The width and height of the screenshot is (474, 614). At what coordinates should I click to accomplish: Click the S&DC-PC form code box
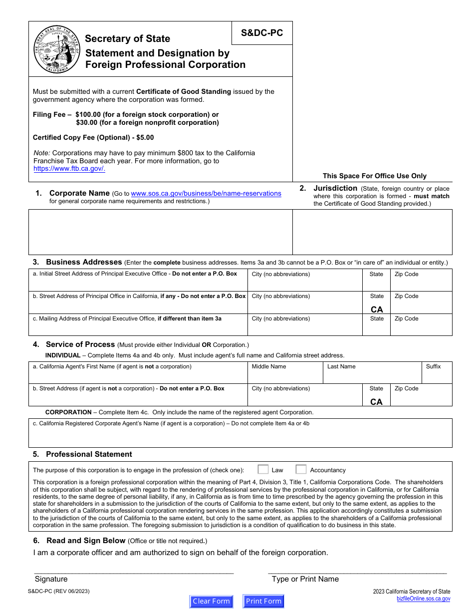(262, 33)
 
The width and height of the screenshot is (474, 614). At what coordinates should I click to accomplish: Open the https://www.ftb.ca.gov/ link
(69, 169)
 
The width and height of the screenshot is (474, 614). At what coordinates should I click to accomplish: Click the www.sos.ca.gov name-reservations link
(206, 194)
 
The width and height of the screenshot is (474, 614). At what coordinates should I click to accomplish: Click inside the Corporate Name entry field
(160, 232)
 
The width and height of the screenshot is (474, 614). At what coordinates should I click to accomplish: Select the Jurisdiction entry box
(372, 232)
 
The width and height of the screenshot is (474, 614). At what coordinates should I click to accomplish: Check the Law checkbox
(263, 470)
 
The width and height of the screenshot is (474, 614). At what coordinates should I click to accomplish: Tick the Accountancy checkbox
(301, 470)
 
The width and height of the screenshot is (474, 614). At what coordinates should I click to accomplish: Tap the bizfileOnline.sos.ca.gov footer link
(423, 599)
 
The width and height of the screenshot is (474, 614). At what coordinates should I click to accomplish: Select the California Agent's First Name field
(138, 376)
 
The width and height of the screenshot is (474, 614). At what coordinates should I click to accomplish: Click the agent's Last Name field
(372, 376)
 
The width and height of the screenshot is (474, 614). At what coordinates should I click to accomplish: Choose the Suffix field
(437, 376)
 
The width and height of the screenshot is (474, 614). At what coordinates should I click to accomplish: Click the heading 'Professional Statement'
(89, 454)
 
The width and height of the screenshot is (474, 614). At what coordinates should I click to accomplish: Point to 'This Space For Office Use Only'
(374, 176)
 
